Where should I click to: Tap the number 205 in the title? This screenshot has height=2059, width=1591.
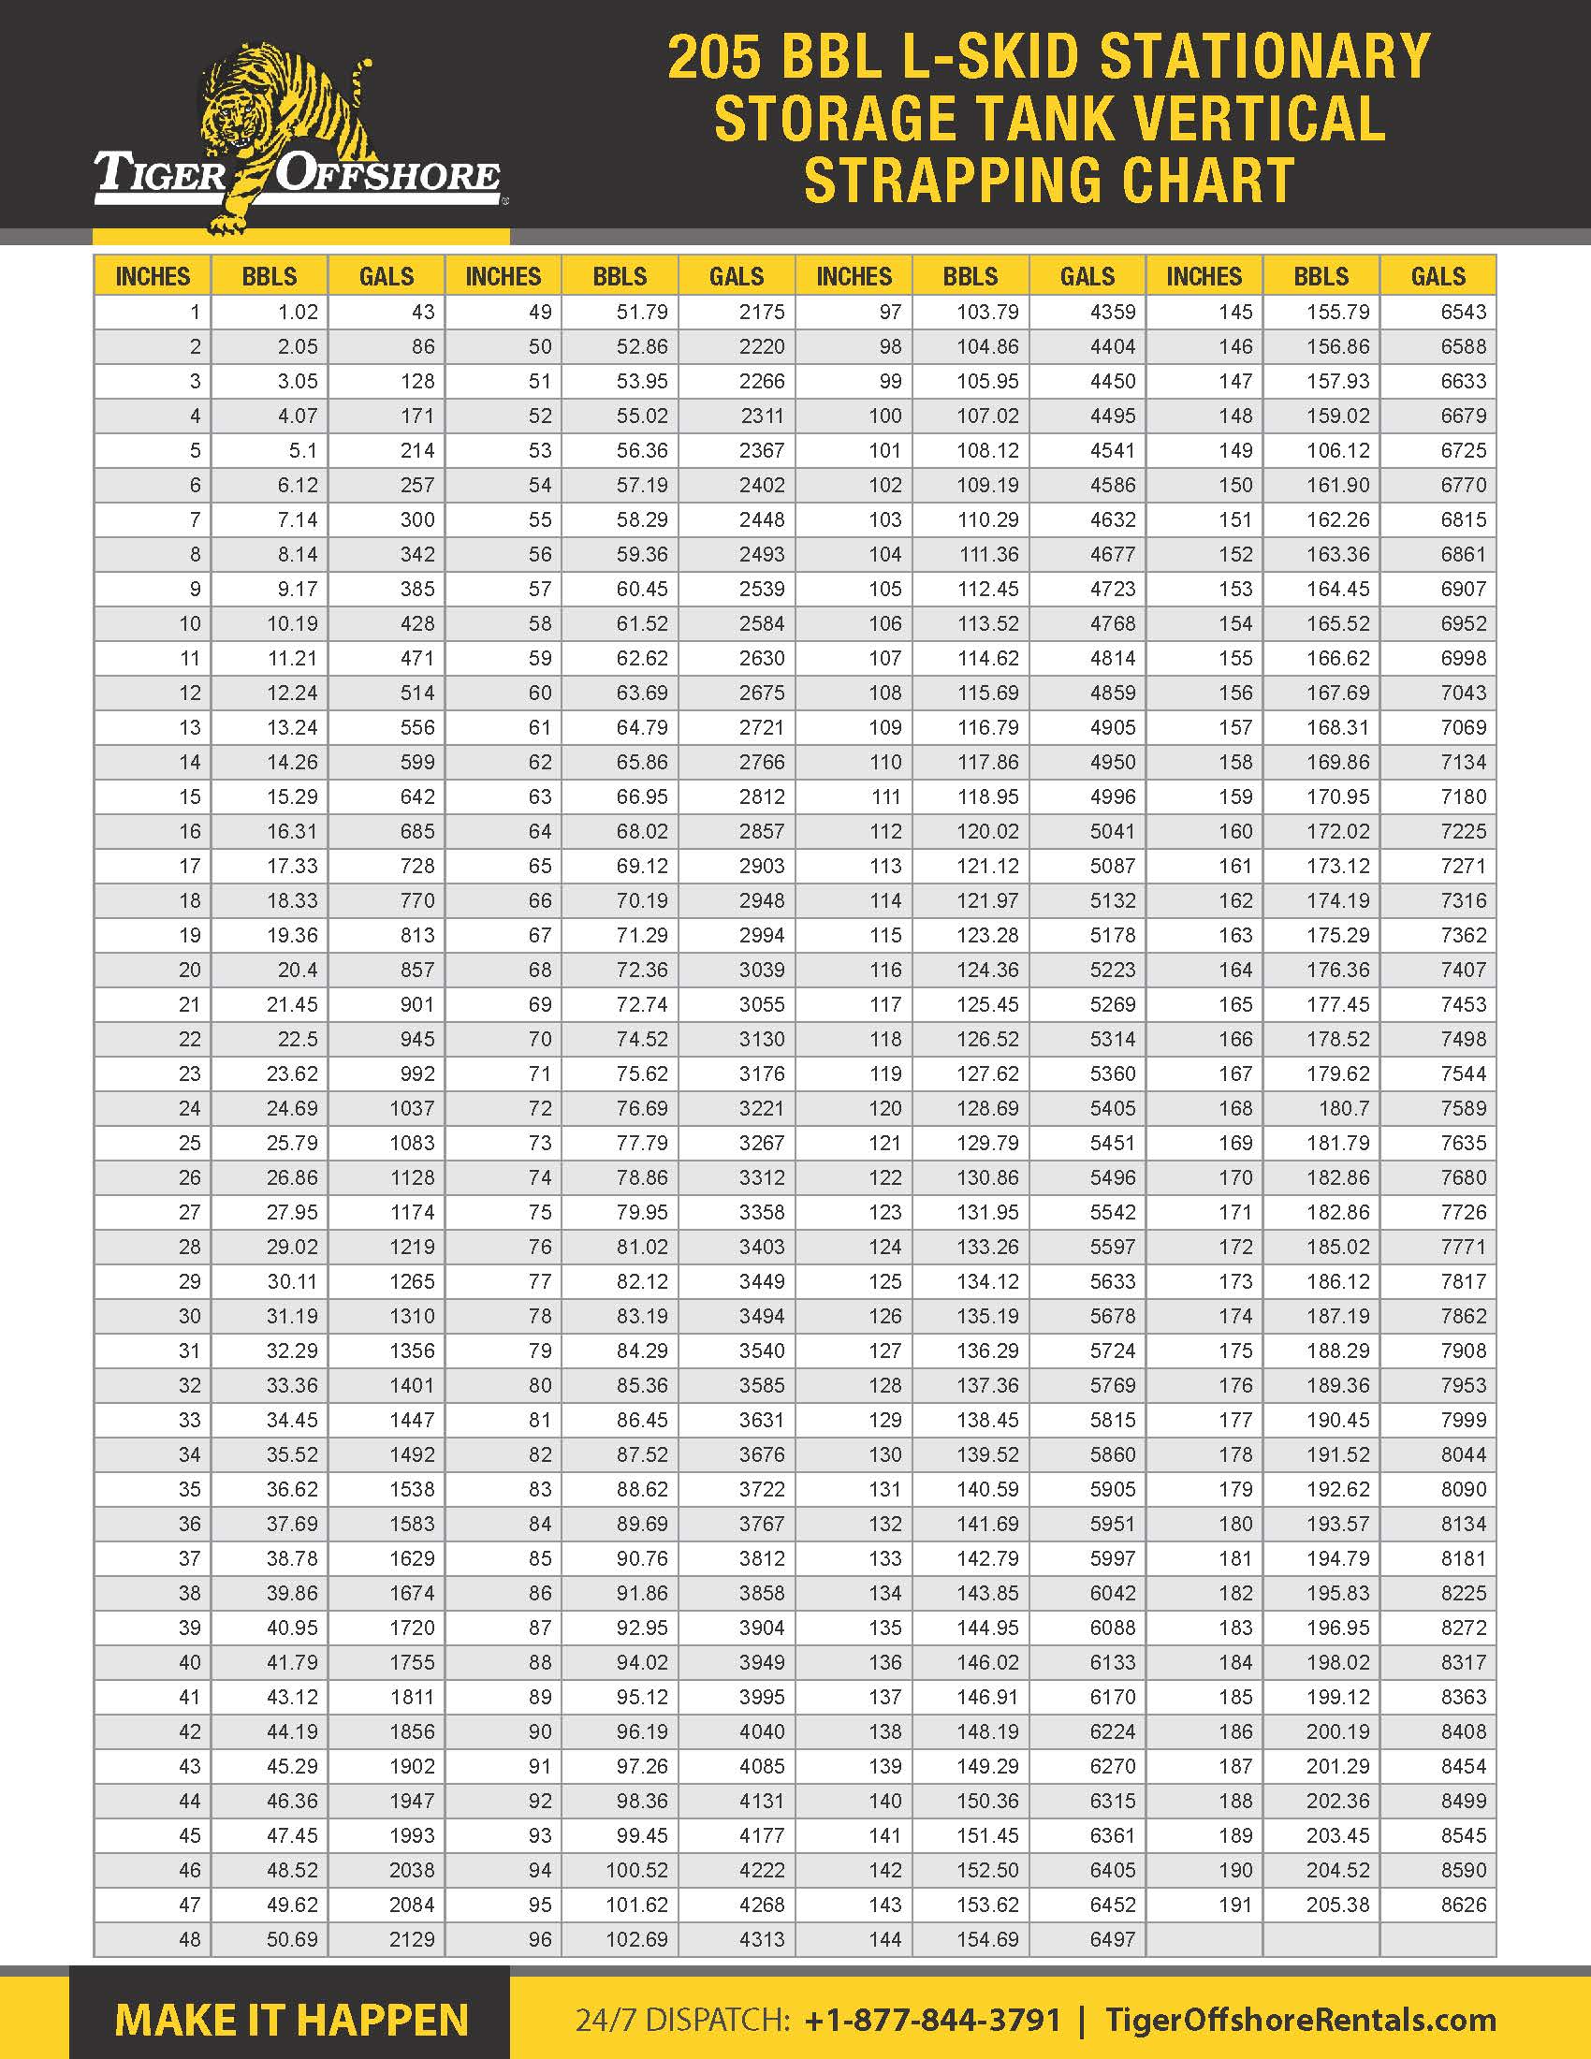713,56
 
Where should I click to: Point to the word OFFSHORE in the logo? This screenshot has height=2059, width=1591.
387,175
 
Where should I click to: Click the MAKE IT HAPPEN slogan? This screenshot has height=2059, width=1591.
291,2021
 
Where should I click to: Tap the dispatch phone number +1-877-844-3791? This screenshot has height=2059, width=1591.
933,2020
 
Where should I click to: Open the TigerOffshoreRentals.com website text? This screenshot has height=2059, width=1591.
1301,2020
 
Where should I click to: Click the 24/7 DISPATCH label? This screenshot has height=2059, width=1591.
682,2020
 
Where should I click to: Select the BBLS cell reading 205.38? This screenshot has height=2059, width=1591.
1337,1906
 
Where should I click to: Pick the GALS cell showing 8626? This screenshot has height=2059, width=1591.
1463,1906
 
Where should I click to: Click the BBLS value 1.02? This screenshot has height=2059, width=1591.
297,312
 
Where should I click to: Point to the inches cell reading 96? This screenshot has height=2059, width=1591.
540,1940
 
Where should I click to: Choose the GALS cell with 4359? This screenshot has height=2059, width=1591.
1112,312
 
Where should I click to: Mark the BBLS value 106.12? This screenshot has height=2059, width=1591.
1337,451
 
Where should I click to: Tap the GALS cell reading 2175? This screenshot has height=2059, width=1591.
762,312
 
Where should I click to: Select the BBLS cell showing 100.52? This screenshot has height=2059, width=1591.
636,1871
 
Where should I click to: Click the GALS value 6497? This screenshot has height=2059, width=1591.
1112,1940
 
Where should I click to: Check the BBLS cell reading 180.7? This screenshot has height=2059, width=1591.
1344,1109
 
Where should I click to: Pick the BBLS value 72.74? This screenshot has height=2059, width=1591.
642,1005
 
